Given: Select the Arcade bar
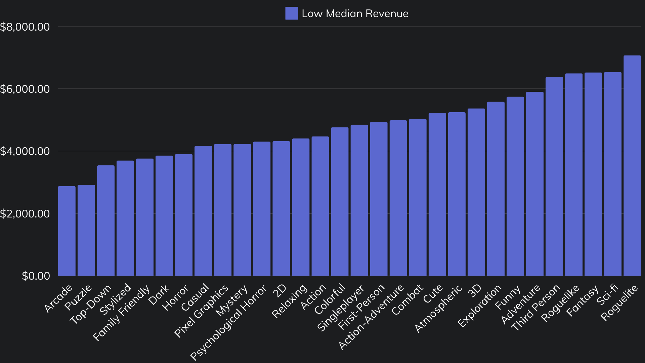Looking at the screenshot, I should (67, 231).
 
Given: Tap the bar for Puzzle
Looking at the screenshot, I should (86, 230).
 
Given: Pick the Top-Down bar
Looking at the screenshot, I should (105, 220).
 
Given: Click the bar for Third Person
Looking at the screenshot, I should (554, 176).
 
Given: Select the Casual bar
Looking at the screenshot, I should (203, 211).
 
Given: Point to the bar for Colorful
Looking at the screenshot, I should (340, 202).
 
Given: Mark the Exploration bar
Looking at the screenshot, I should (496, 189).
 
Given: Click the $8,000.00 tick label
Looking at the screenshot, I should (25, 27).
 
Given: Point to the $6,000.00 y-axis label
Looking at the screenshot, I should (25, 89).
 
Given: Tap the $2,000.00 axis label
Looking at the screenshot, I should (25, 214).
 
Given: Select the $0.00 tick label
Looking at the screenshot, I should (36, 276).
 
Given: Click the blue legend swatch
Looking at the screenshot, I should (292, 13).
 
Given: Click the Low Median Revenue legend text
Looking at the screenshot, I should (355, 13).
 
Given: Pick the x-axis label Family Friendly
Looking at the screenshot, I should (121, 313).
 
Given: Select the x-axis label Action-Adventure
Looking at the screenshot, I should (371, 317).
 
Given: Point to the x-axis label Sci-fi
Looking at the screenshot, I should (607, 294).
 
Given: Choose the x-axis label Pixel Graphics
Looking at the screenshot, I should (201, 311).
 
